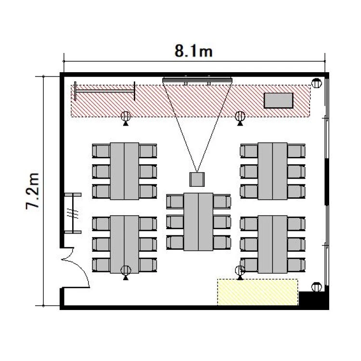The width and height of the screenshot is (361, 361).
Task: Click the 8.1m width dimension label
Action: click(x=193, y=51)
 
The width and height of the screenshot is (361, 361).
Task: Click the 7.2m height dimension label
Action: click(x=33, y=191)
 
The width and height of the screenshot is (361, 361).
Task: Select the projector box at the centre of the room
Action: click(x=197, y=180)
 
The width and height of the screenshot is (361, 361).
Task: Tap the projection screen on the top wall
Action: click(x=197, y=80)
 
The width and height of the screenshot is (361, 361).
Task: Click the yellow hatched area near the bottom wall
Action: click(x=258, y=292)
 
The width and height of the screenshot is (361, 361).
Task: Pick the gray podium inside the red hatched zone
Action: click(x=278, y=101)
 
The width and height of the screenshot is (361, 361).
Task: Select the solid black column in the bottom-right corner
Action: click(x=313, y=299)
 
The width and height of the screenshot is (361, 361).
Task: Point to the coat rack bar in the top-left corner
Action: click(x=105, y=91)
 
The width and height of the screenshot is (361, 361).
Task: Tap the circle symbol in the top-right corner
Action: click(x=316, y=83)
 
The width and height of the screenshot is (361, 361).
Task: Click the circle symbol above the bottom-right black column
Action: click(x=316, y=287)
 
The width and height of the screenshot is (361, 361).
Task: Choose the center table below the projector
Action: click(x=198, y=222)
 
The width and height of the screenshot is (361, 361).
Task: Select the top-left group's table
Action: click(x=124, y=171)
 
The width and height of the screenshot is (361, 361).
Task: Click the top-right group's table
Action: click(x=272, y=171)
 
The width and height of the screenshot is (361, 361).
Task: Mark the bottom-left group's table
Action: click(x=124, y=244)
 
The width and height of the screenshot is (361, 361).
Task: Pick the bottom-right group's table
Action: click(x=272, y=244)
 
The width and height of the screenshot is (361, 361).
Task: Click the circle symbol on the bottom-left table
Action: click(x=126, y=271)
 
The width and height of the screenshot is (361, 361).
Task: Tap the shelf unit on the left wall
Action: click(x=73, y=213)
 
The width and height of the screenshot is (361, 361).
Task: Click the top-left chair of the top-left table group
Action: click(x=101, y=151)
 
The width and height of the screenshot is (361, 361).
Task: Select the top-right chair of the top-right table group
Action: click(x=297, y=151)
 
